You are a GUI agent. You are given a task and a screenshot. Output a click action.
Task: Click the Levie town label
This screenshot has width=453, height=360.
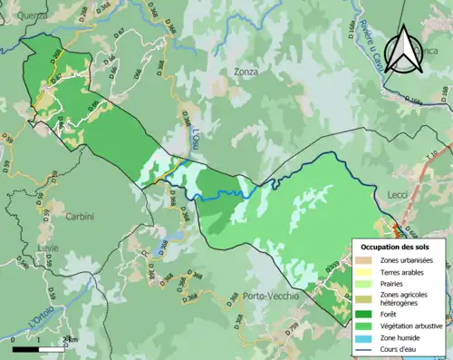coord(48,248)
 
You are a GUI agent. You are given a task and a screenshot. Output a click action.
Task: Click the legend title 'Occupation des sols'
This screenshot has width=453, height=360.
coord(398,247)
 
